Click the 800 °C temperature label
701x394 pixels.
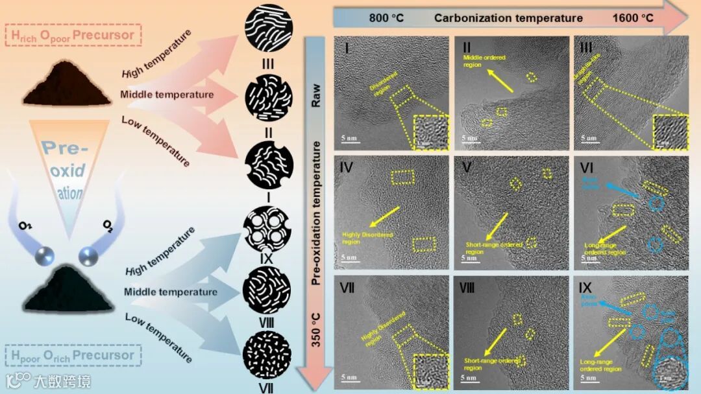pos(386,17)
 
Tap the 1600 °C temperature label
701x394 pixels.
pos(633,17)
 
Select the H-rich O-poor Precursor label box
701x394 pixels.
pos(72,35)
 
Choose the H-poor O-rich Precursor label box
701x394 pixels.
pos(72,355)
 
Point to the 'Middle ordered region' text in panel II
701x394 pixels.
pos(484,61)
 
